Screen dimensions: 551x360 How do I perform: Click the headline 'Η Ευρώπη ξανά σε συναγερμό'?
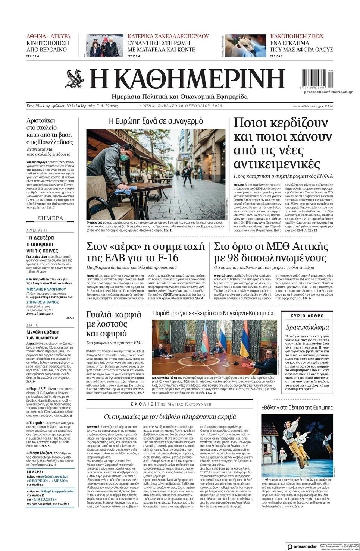tap(156, 121)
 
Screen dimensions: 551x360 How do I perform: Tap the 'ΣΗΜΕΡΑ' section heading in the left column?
tap(50, 218)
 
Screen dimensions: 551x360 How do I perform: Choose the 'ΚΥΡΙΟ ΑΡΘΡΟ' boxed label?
tap(307, 316)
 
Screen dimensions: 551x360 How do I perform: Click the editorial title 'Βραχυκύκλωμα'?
tap(307, 327)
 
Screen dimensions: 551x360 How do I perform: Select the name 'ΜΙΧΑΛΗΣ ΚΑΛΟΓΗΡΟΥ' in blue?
tap(46, 289)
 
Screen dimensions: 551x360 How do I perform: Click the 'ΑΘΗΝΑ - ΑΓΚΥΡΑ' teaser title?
tap(48, 37)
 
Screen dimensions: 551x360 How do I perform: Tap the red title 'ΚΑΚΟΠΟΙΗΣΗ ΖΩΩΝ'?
tap(297, 37)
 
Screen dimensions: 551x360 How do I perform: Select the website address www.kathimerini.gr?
tap(307, 106)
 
